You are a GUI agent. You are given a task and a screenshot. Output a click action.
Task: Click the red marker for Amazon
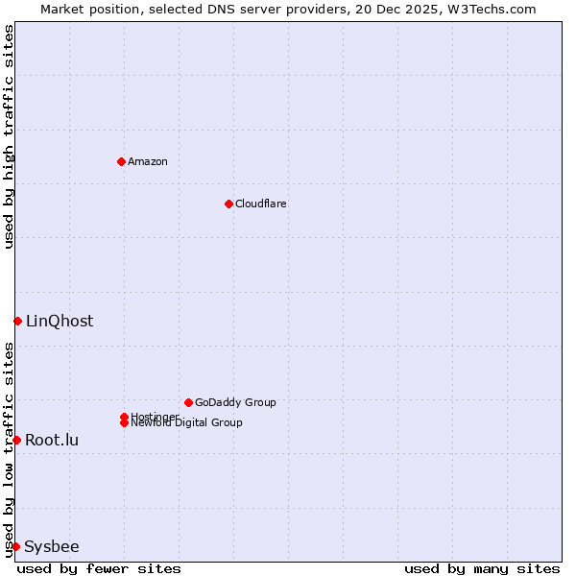[121, 161]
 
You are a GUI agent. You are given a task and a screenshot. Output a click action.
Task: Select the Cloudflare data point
[228, 204]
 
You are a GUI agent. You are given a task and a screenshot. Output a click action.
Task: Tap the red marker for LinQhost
[17, 321]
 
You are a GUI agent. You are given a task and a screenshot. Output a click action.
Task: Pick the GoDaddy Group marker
[188, 402]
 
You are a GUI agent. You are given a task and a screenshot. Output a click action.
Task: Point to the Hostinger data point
[124, 417]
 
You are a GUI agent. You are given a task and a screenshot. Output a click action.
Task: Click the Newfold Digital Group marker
[124, 423]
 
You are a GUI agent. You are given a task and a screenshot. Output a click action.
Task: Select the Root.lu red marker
[16, 440]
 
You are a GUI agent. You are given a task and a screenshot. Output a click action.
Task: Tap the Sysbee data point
[15, 546]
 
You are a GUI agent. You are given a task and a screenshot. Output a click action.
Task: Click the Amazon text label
[148, 161]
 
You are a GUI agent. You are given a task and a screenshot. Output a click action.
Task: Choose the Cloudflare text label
[261, 204]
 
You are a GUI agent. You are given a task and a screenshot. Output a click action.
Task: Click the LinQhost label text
[60, 321]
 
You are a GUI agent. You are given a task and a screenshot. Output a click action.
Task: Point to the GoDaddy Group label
[235, 402]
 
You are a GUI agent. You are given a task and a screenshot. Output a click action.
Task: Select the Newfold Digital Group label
[186, 423]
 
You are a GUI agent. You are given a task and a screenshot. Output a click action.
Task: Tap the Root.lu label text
[52, 440]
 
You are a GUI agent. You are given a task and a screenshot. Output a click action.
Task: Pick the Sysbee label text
[52, 546]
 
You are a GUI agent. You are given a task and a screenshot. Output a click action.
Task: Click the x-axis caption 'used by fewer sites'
[99, 568]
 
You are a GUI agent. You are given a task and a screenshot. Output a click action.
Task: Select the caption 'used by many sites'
[482, 568]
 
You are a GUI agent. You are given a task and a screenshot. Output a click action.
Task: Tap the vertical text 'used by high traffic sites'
[9, 136]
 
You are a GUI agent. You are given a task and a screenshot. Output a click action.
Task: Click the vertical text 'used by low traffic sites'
[9, 448]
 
